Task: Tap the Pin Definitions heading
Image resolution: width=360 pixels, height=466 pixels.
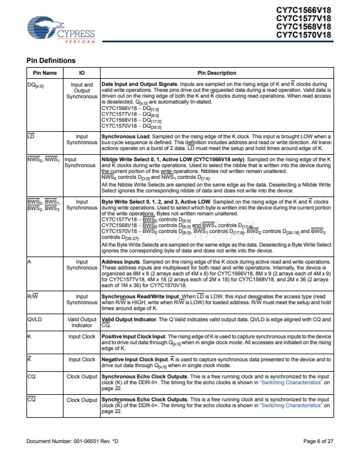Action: (x=51, y=61)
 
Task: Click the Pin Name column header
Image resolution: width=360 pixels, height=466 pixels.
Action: (x=44, y=72)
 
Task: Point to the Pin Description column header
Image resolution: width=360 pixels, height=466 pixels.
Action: (x=216, y=72)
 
